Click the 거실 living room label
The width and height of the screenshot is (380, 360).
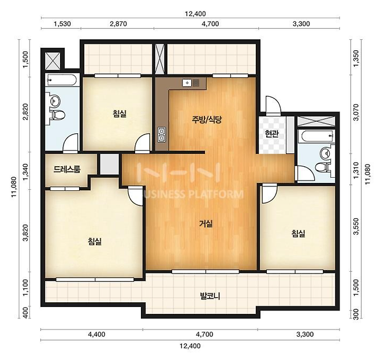(206, 224)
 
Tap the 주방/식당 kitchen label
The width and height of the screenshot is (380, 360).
(207, 119)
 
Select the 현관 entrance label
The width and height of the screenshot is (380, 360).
(271, 134)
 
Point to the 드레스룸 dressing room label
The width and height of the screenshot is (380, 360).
(67, 169)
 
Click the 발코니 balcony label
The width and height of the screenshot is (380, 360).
(210, 296)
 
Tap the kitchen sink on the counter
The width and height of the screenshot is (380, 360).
(191, 83)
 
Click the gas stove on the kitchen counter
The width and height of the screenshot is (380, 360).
(161, 134)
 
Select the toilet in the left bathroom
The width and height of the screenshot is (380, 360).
(57, 114)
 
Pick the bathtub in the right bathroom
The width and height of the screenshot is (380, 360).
(316, 136)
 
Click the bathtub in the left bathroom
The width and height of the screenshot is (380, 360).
(62, 80)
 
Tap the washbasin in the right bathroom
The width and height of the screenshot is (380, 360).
(325, 153)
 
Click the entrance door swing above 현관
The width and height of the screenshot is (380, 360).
(273, 105)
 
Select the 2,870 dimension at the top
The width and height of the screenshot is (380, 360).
(118, 24)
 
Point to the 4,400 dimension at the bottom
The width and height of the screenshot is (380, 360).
(96, 335)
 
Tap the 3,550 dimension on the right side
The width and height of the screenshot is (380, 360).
(356, 226)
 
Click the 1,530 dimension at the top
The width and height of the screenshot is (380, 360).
(62, 24)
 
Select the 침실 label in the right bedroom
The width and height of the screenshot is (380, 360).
(299, 233)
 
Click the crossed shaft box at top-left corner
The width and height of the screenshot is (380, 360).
(53, 61)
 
